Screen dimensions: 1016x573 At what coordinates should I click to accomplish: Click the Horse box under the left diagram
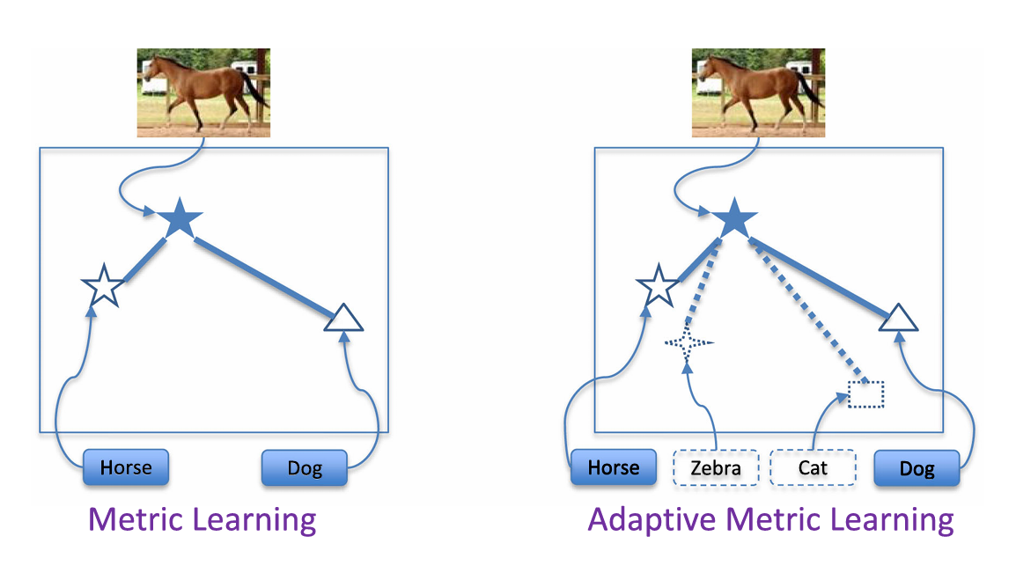coord(126,467)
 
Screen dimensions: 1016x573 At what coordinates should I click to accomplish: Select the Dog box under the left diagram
coord(304,468)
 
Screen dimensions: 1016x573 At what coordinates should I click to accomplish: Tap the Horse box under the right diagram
coord(613,467)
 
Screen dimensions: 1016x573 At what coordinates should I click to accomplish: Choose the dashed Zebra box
coord(716,467)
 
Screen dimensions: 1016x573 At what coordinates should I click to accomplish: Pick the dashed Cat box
coord(813,467)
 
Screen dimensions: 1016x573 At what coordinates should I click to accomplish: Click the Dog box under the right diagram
coord(917,468)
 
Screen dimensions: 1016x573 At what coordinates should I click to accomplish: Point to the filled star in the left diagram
coord(180,217)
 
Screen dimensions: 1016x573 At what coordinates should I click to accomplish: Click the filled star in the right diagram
coord(734,217)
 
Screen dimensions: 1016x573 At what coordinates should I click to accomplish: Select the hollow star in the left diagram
coord(104,285)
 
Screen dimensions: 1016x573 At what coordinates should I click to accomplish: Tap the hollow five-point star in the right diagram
coord(659,285)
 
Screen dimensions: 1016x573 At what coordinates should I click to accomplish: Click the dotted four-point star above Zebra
coord(688,342)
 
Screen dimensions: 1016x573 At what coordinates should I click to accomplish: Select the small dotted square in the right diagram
coord(866,394)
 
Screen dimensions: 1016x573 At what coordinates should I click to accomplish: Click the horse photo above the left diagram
coord(203,92)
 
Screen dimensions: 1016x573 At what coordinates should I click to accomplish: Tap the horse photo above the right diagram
coord(758,92)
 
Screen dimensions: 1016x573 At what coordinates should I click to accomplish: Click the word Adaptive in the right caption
coord(652,520)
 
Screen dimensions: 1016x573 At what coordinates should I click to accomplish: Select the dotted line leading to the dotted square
coord(809,311)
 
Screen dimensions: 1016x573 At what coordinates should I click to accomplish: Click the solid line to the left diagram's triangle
coord(264,278)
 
